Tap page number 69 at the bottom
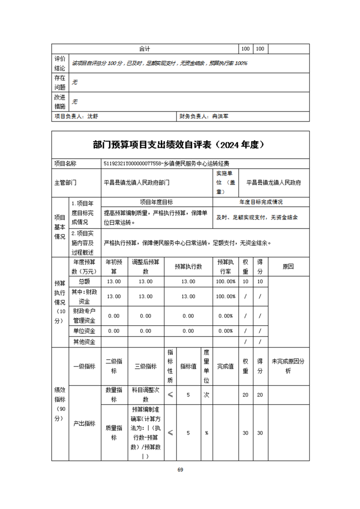(x=180, y=470)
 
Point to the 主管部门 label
(x=65, y=183)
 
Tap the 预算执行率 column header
(x=226, y=266)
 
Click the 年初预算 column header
(x=113, y=266)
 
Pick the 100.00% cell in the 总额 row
(x=226, y=282)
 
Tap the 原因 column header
(x=289, y=266)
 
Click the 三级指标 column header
(x=146, y=367)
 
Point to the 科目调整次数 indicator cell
(x=146, y=395)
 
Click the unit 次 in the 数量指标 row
(x=207, y=395)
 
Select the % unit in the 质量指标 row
(x=207, y=433)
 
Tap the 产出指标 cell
(x=84, y=423)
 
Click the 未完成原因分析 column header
(x=289, y=367)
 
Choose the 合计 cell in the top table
(x=145, y=49)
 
